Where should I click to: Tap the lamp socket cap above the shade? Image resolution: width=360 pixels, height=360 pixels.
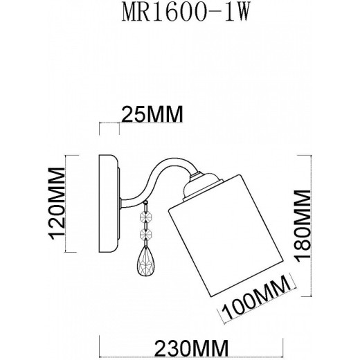pos(199,181)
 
